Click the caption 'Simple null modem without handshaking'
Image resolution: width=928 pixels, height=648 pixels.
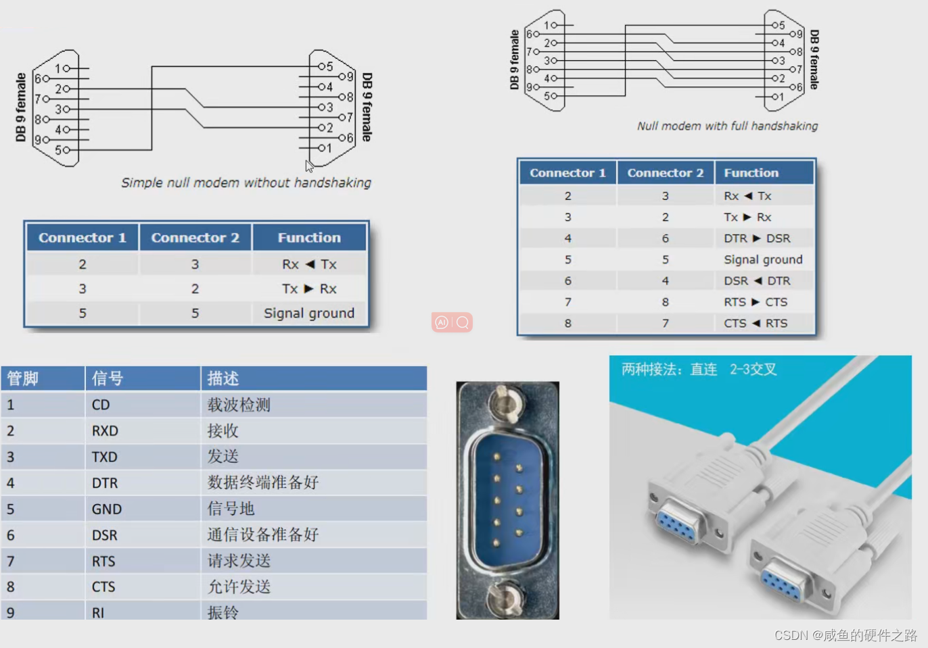[x=246, y=182]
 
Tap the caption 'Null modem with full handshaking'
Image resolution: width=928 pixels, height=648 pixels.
[x=727, y=126]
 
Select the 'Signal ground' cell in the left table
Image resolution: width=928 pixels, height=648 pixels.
[x=308, y=313]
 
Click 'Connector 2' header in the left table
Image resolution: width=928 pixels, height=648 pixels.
[x=195, y=237]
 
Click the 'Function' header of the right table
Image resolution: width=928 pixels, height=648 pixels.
[x=751, y=173]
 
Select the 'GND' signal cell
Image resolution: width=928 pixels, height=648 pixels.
[x=107, y=509]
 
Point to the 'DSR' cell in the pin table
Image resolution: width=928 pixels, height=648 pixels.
[x=105, y=535]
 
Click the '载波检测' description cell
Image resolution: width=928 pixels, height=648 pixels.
[x=239, y=405]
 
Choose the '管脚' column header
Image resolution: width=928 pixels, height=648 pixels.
[x=23, y=378]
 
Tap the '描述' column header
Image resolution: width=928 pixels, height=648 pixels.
[x=223, y=378]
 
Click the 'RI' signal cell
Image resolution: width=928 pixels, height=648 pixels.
[x=98, y=612]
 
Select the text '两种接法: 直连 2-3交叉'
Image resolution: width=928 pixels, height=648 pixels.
[x=699, y=370]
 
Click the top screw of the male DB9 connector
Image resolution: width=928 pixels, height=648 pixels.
[x=506, y=403]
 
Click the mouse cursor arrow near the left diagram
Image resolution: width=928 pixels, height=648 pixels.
[x=309, y=166]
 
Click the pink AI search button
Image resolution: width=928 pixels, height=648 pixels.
[x=452, y=322]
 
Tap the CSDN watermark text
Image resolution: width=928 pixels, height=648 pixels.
[x=845, y=635]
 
